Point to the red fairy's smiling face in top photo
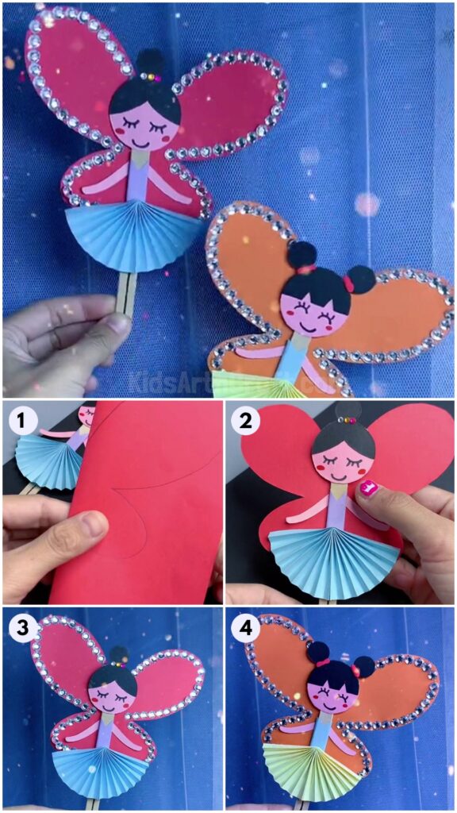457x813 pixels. pyautogui.click(x=144, y=127)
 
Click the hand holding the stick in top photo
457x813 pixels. pyautogui.click(x=60, y=341)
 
